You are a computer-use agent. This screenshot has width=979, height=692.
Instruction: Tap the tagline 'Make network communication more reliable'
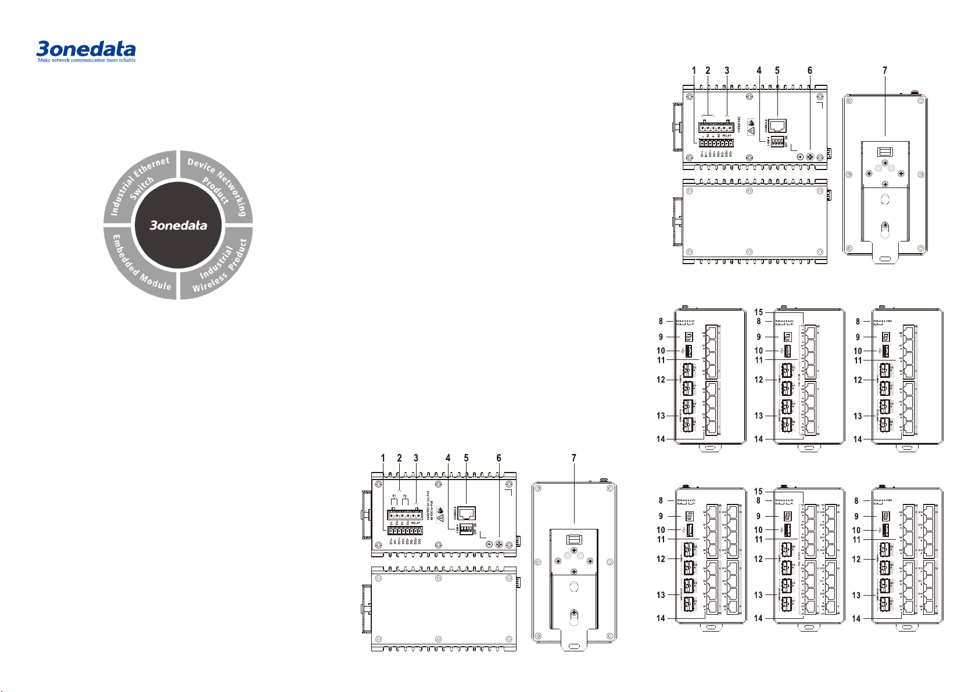87,60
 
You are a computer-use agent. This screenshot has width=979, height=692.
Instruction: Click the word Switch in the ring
142,189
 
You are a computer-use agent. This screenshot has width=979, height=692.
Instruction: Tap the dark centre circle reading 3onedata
178,225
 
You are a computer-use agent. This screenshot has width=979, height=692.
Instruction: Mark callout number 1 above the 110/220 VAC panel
694,71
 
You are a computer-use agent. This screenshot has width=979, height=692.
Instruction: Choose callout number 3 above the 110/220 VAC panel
727,71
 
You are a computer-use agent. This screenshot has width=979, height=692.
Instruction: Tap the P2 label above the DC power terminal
406,496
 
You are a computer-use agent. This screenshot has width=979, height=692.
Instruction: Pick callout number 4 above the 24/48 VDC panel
448,458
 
